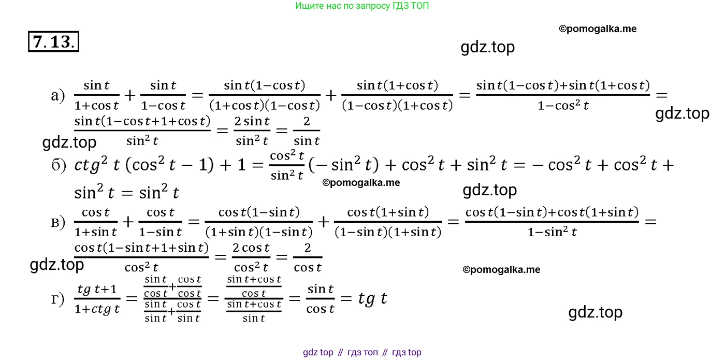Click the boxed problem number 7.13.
pyautogui.click(x=53, y=41)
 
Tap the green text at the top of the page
pyautogui.click(x=362, y=6)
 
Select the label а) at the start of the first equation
pyautogui.click(x=58, y=95)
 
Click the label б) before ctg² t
pyautogui.click(x=59, y=165)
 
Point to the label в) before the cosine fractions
pyautogui.click(x=58, y=222)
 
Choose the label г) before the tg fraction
pyautogui.click(x=57, y=299)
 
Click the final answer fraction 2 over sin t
pyautogui.click(x=307, y=131)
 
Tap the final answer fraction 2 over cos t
pyautogui.click(x=308, y=257)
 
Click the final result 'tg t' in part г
pyautogui.click(x=372, y=298)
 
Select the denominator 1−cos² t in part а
pyautogui.click(x=563, y=106)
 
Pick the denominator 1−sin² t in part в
pyautogui.click(x=552, y=232)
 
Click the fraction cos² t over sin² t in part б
pyautogui.click(x=287, y=165)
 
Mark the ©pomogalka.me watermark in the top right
pyautogui.click(x=598, y=29)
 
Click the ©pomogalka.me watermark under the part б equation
pyautogui.click(x=361, y=182)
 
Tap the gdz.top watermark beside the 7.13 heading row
pyautogui.click(x=487, y=47)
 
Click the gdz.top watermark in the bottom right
pyautogui.click(x=595, y=312)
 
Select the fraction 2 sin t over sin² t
pyautogui.click(x=252, y=131)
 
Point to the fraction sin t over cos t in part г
pyautogui.click(x=320, y=298)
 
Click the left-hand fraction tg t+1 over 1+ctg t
pyautogui.click(x=97, y=299)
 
